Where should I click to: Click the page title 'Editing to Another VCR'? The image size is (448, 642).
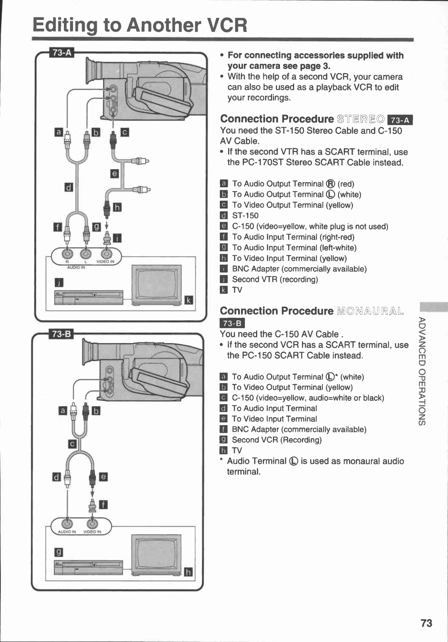tap(140, 25)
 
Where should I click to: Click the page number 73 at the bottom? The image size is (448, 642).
tap(426, 623)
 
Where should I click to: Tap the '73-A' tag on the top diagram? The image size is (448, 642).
tap(62, 53)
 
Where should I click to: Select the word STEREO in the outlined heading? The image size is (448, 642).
tap(360, 120)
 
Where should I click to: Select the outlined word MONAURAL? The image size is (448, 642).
tap(370, 311)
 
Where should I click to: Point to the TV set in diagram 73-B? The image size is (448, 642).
tap(156, 554)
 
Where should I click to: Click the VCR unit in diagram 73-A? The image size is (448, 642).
tap(88, 297)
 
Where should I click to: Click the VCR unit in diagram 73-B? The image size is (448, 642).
tap(88, 567)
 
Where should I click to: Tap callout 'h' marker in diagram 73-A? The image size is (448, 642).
tap(117, 207)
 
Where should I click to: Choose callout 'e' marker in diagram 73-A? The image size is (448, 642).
tap(115, 174)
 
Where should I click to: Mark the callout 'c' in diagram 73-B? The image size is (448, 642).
tap(72, 444)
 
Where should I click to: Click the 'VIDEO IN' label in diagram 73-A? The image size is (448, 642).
tap(105, 262)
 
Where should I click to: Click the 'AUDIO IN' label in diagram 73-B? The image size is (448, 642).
tap(67, 532)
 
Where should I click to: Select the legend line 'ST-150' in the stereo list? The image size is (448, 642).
tap(245, 216)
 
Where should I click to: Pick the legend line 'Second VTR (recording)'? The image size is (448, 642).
tap(275, 279)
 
